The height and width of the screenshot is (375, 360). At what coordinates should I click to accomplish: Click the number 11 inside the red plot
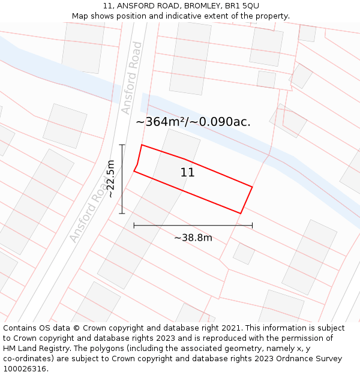[187, 173]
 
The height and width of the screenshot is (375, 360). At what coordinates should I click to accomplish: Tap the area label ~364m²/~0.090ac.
[193, 122]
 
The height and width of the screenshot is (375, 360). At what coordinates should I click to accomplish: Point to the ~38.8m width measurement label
[193, 238]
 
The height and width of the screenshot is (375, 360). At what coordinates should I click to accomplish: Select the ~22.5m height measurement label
[110, 179]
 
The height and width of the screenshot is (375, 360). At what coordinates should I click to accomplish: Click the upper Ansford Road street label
[131, 78]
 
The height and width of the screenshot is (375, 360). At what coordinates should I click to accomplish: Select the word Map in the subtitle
[80, 16]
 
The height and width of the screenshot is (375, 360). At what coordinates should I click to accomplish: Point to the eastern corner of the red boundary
[252, 187]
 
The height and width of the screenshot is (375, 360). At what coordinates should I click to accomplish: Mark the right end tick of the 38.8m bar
[252, 226]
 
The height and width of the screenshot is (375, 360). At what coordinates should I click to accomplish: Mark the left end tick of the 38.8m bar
[134, 226]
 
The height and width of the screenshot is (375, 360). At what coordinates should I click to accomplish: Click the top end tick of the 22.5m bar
[122, 145]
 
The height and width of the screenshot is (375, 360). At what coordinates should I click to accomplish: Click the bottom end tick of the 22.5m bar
[122, 213]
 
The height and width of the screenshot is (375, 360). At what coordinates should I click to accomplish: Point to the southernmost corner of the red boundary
[241, 213]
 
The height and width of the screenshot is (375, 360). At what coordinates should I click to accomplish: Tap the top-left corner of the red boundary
[142, 145]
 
